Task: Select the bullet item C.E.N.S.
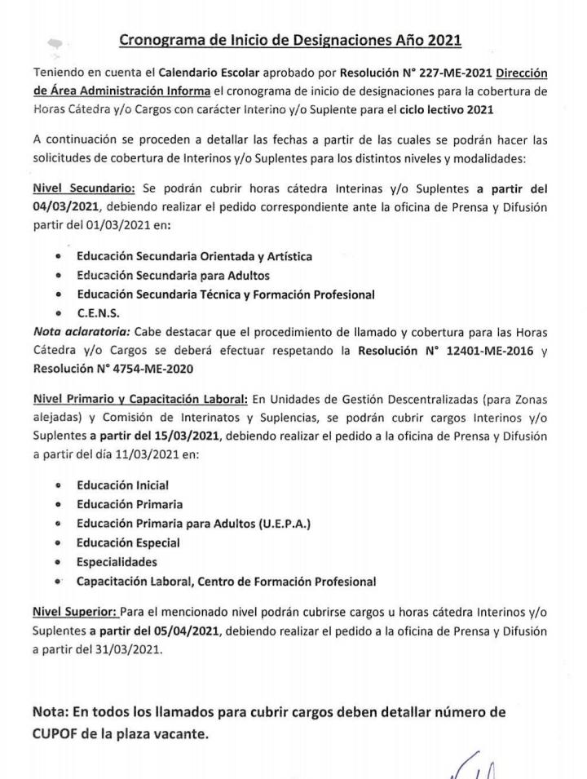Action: point(100,312)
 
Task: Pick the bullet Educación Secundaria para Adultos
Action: point(173,275)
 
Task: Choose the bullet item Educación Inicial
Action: point(122,485)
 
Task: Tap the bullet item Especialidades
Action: point(117,562)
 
